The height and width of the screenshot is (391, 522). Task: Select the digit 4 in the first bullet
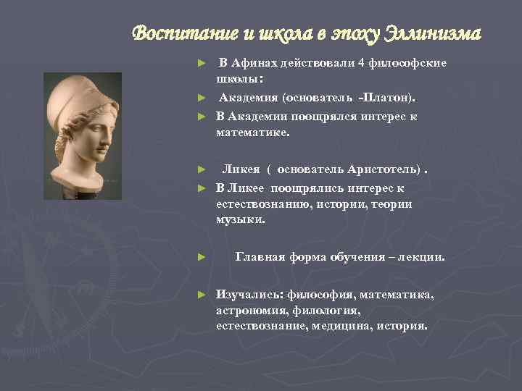(x=360, y=63)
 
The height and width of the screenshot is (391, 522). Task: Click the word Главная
(x=259, y=257)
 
